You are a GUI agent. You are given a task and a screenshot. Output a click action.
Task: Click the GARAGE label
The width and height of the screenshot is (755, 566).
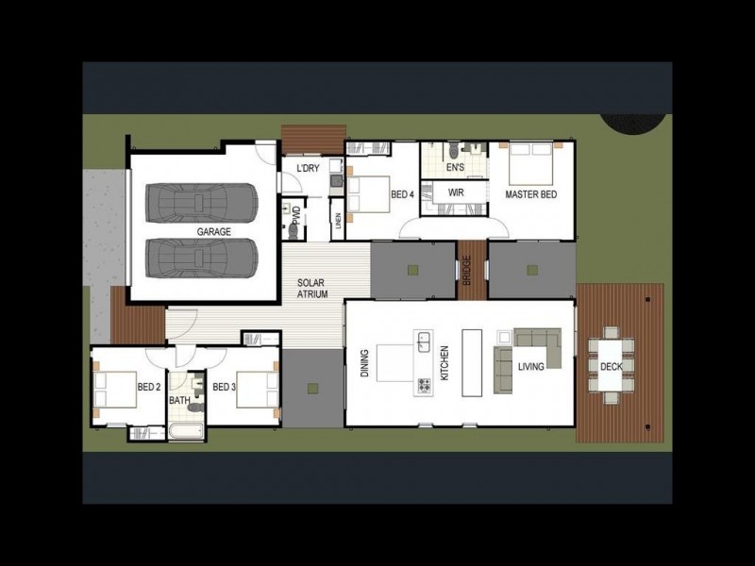click(213, 231)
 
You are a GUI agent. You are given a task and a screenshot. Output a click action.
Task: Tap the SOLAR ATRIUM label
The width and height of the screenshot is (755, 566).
click(312, 289)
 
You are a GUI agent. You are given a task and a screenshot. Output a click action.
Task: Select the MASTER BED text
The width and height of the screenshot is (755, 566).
click(530, 194)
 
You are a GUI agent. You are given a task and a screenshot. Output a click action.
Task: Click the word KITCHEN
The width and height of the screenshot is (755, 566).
click(445, 363)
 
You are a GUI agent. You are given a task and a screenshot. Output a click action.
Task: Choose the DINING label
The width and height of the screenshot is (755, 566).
click(365, 364)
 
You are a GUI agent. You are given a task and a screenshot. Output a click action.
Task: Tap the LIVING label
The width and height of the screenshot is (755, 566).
click(530, 365)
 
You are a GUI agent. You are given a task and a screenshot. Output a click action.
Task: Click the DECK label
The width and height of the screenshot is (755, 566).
click(611, 366)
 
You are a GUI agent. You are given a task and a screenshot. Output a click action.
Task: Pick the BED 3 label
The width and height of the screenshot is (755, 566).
click(224, 387)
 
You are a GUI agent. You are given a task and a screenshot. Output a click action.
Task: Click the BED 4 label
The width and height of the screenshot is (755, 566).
click(402, 194)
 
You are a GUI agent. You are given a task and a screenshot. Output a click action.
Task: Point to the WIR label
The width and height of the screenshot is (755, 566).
click(457, 191)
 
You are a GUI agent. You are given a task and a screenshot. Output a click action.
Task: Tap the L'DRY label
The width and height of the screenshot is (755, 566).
click(307, 168)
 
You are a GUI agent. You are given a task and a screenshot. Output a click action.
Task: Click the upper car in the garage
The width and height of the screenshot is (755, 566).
click(201, 202)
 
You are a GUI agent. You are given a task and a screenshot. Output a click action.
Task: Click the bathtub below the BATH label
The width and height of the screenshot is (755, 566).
click(186, 433)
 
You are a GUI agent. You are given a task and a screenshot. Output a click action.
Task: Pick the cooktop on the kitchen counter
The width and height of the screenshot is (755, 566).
click(424, 384)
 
